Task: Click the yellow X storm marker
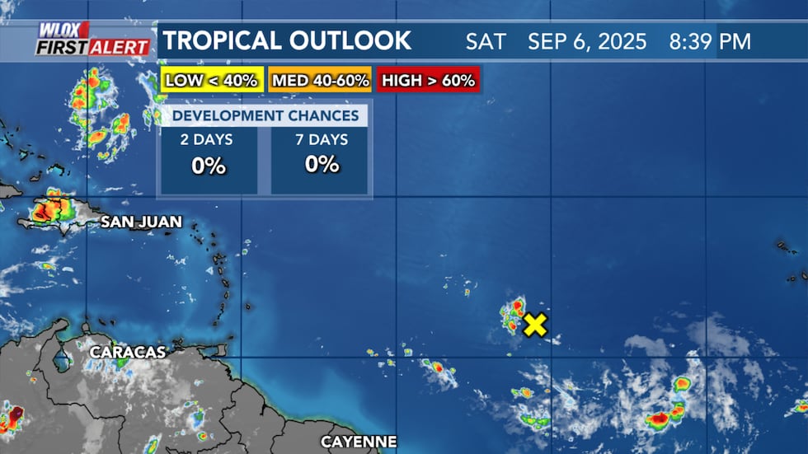[535, 325]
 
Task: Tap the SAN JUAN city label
[142, 222]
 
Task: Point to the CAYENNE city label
[359, 442]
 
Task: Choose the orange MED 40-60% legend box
[321, 81]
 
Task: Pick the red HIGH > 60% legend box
[428, 81]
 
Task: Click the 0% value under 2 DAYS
[209, 165]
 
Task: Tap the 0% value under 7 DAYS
[322, 165]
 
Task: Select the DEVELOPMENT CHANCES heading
[265, 115]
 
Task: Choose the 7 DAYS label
[322, 139]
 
